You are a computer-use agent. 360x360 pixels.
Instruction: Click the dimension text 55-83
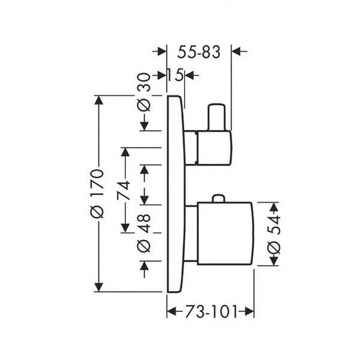pyautogui.click(x=199, y=52)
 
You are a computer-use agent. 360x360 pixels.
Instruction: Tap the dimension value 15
pyautogui.click(x=175, y=75)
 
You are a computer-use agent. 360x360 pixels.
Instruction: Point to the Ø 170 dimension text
pyautogui.click(x=97, y=194)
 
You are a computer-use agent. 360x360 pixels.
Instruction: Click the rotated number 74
pyautogui.click(x=123, y=190)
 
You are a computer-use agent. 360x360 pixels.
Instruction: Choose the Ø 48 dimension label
pyautogui.click(x=144, y=233)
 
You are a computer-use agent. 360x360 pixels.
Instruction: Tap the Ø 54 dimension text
pyautogui.click(x=274, y=235)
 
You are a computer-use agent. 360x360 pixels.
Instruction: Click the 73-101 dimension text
pyautogui.click(x=211, y=312)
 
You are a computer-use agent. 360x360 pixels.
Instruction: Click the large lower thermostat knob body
pyautogui.click(x=226, y=233)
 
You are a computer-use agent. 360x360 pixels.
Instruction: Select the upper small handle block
pyautogui.click(x=214, y=148)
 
